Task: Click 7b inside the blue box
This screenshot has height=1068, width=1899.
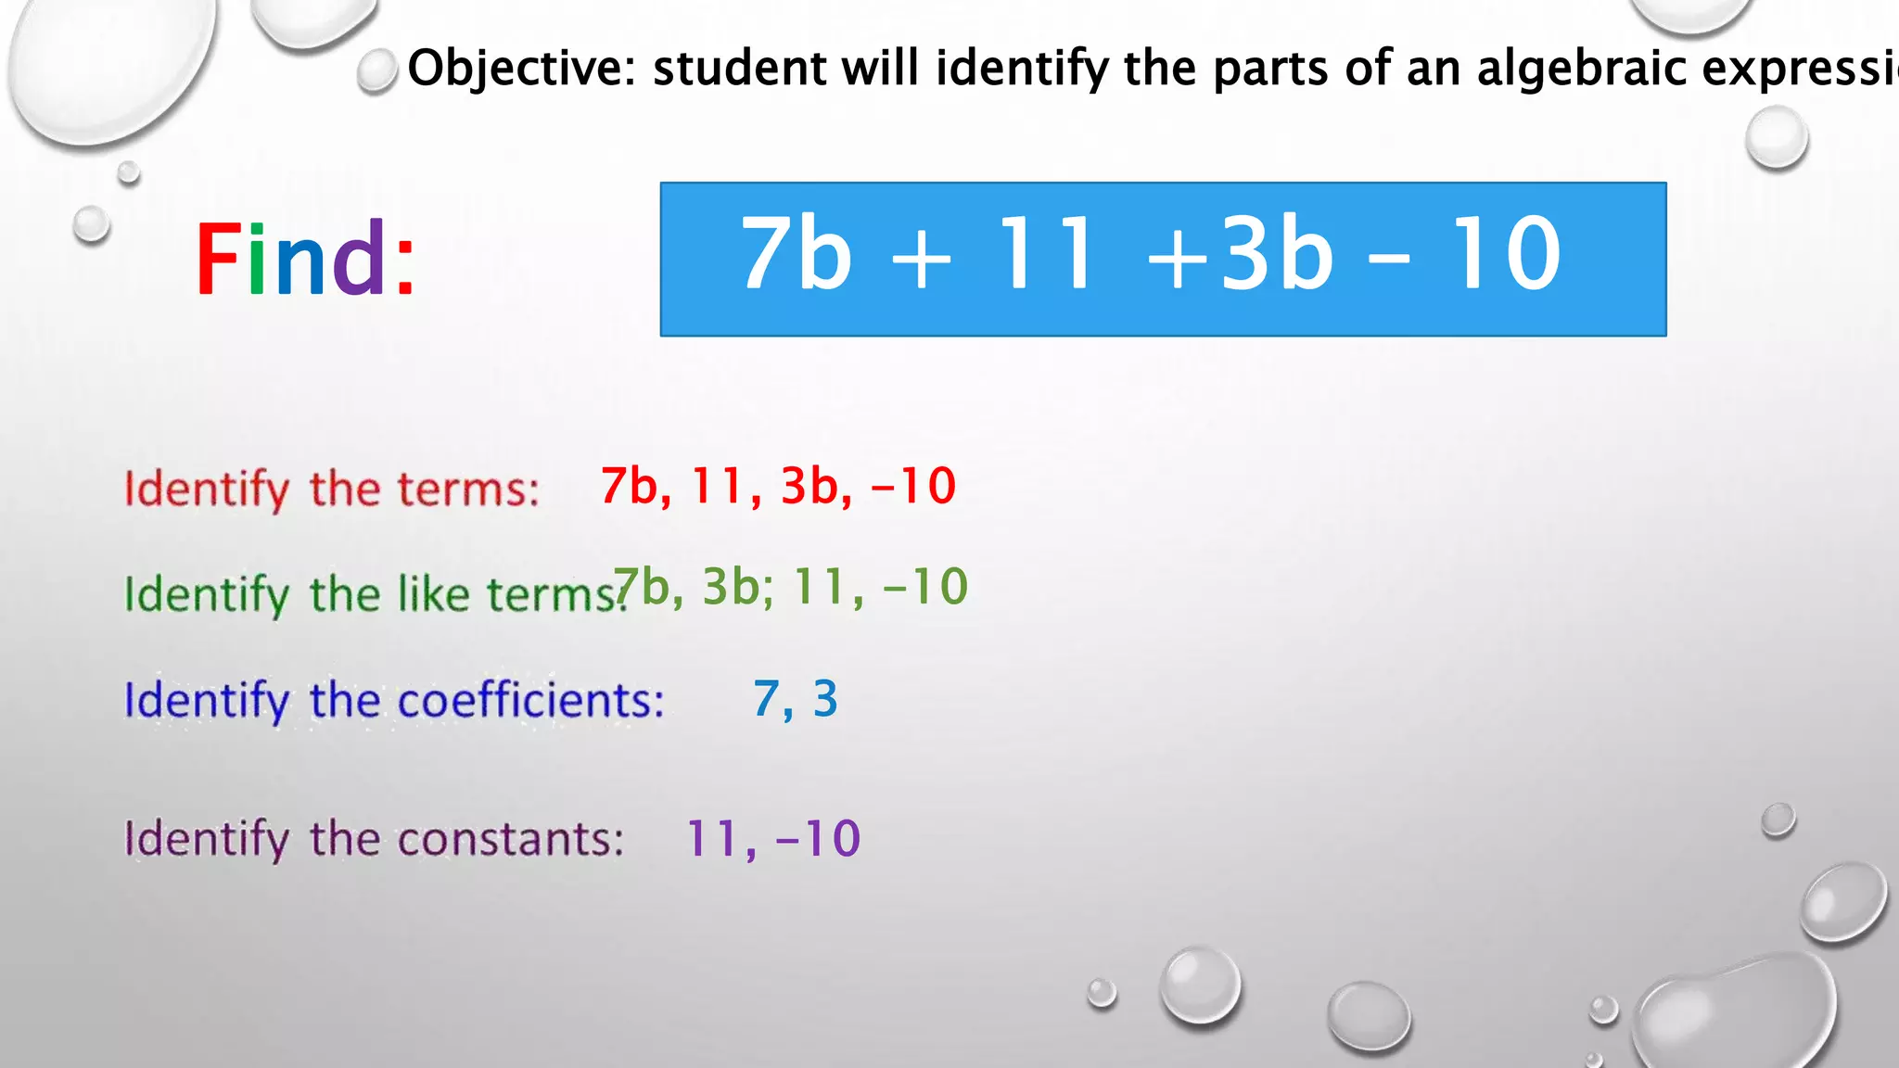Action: click(796, 252)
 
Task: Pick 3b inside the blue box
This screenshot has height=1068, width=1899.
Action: click(1278, 252)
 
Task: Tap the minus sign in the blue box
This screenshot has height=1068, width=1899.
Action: click(1389, 259)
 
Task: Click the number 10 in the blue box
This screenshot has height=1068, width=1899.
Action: click(1507, 252)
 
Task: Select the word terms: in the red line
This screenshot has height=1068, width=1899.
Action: click(468, 489)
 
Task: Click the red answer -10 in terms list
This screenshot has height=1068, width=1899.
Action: click(914, 486)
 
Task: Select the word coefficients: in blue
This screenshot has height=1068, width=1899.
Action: click(531, 700)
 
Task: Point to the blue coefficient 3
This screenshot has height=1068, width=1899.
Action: click(825, 699)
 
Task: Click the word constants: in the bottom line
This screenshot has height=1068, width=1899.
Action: click(511, 839)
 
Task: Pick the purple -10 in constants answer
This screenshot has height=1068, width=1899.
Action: click(818, 839)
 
